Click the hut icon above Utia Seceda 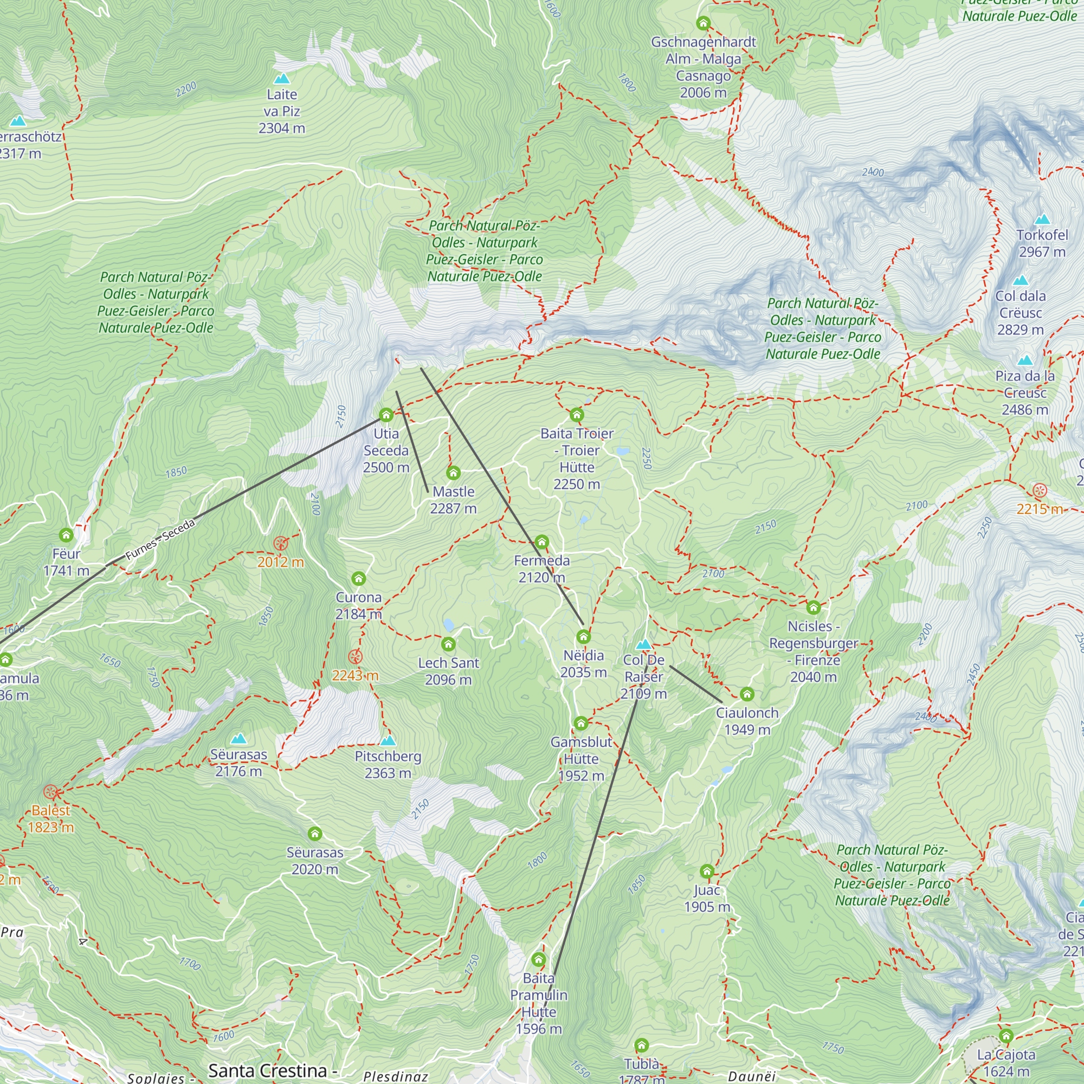(386, 415)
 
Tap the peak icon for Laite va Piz (282, 79)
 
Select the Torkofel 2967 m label (1042, 243)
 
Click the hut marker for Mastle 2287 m (453, 473)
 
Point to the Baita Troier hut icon (577, 415)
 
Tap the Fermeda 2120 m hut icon (541, 542)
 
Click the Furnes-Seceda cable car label (160, 540)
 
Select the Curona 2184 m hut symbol (358, 578)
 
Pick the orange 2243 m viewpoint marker (355, 656)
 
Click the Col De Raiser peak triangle (644, 644)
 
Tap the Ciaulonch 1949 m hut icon (747, 695)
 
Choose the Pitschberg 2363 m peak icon (388, 740)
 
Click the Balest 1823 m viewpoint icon (50, 792)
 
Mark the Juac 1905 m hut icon (707, 872)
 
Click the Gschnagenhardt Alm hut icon (703, 23)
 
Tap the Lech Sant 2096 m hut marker (448, 644)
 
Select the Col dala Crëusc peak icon (1021, 281)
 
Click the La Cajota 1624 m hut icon (1006, 1036)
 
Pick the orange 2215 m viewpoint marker (1040, 491)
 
